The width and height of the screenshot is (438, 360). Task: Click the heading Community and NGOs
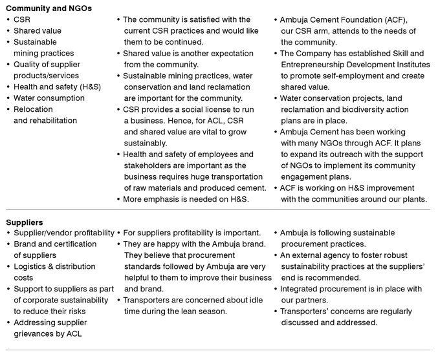pyautogui.click(x=49, y=8)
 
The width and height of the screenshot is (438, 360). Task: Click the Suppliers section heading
pyautogui.click(x=25, y=221)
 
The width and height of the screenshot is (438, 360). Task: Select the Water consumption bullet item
pyautogui.click(x=49, y=98)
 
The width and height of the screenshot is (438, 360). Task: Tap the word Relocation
pyautogui.click(x=33, y=109)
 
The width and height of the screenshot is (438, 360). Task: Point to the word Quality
pyautogui.click(x=27, y=64)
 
